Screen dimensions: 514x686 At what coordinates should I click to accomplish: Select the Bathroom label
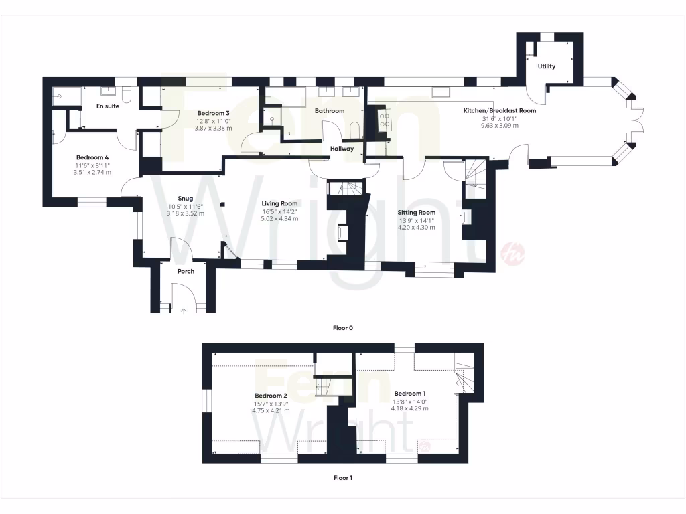pos(330,111)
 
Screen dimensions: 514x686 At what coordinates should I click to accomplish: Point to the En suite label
pos(108,106)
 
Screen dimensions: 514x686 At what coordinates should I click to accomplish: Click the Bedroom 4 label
pos(92,157)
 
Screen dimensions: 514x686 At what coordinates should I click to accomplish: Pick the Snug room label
pos(186,198)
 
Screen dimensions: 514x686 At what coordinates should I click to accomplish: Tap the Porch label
pos(186,271)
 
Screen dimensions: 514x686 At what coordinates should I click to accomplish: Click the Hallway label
pos(342,149)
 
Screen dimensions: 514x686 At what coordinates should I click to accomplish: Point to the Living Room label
pos(279,203)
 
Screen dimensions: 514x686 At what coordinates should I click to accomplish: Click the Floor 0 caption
pos(342,328)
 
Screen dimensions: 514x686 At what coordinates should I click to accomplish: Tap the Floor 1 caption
pos(342,478)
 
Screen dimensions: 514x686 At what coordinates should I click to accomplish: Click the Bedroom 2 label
pos(271,396)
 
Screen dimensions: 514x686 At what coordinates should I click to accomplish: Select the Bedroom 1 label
pos(410,393)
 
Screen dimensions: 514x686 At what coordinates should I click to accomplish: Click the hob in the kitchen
pos(386,119)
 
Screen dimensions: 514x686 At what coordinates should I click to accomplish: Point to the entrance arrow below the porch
pos(184,310)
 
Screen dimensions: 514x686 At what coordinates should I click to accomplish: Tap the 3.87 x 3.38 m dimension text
pos(214,128)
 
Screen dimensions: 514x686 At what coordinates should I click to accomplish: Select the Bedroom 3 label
pos(214,113)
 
